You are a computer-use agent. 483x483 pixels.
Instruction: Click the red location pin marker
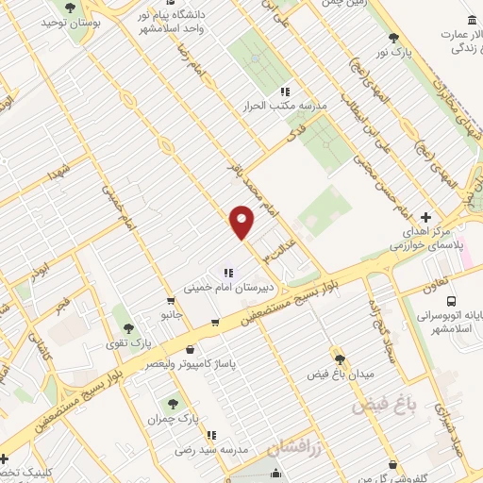tap(242, 223)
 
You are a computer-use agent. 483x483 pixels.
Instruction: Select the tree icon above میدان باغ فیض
tap(341, 358)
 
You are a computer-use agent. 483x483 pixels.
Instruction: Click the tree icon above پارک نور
tap(394, 38)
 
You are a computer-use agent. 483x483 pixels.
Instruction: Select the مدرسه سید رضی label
tap(216, 450)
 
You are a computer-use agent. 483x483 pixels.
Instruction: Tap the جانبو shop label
tap(170, 313)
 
